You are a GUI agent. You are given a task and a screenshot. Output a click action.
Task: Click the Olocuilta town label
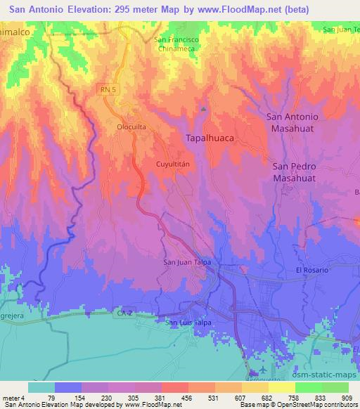pyautogui.click(x=130, y=127)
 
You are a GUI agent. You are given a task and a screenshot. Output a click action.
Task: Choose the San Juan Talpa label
pyautogui.click(x=187, y=263)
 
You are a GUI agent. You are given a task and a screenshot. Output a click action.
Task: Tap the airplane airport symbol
pyautogui.click(x=263, y=370)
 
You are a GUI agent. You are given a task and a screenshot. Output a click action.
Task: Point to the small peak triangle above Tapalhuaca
pyautogui.click(x=204, y=109)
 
